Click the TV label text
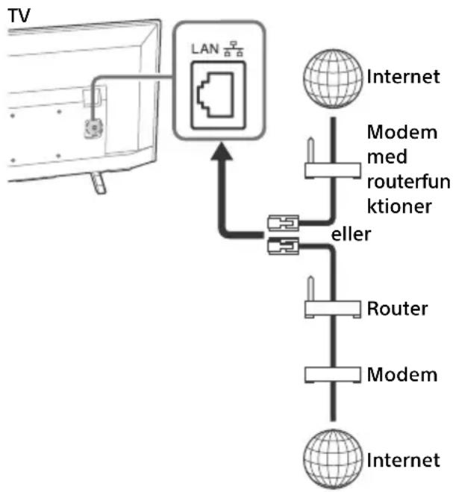tap(19, 16)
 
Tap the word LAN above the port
tap(204, 49)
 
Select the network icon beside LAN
tap(233, 48)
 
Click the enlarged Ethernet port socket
tap(219, 95)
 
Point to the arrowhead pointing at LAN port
tap(222, 151)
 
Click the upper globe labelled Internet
tap(333, 78)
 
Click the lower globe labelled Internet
tap(333, 458)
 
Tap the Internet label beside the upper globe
tap(403, 77)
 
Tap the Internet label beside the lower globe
tap(403, 460)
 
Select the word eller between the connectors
tap(352, 234)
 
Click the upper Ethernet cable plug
tap(283, 223)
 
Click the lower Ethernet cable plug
tap(283, 246)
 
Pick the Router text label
tap(397, 309)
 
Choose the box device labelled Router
tap(333, 309)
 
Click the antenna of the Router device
tap(310, 288)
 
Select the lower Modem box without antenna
tap(333, 375)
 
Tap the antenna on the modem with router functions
tap(310, 150)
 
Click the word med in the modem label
tap(387, 157)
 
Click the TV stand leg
tap(99, 183)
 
